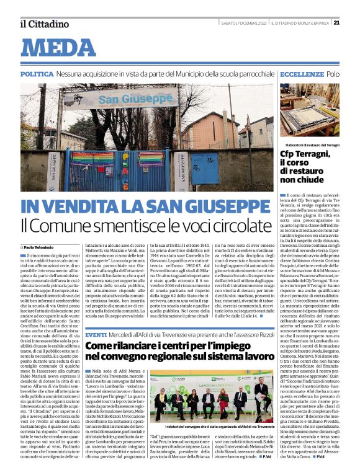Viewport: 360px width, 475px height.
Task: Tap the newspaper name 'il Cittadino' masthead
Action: (43, 24)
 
